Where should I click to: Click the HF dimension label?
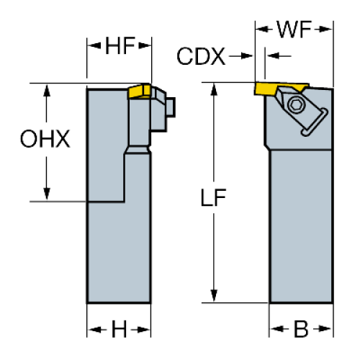120,45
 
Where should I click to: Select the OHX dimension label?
45,139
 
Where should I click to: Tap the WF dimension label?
294,30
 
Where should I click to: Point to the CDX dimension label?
201,56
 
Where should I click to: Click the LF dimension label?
213,197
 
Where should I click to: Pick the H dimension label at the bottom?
119,329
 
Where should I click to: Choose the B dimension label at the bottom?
301,329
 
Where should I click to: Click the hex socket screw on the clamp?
296,104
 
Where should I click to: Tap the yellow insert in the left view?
139,91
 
